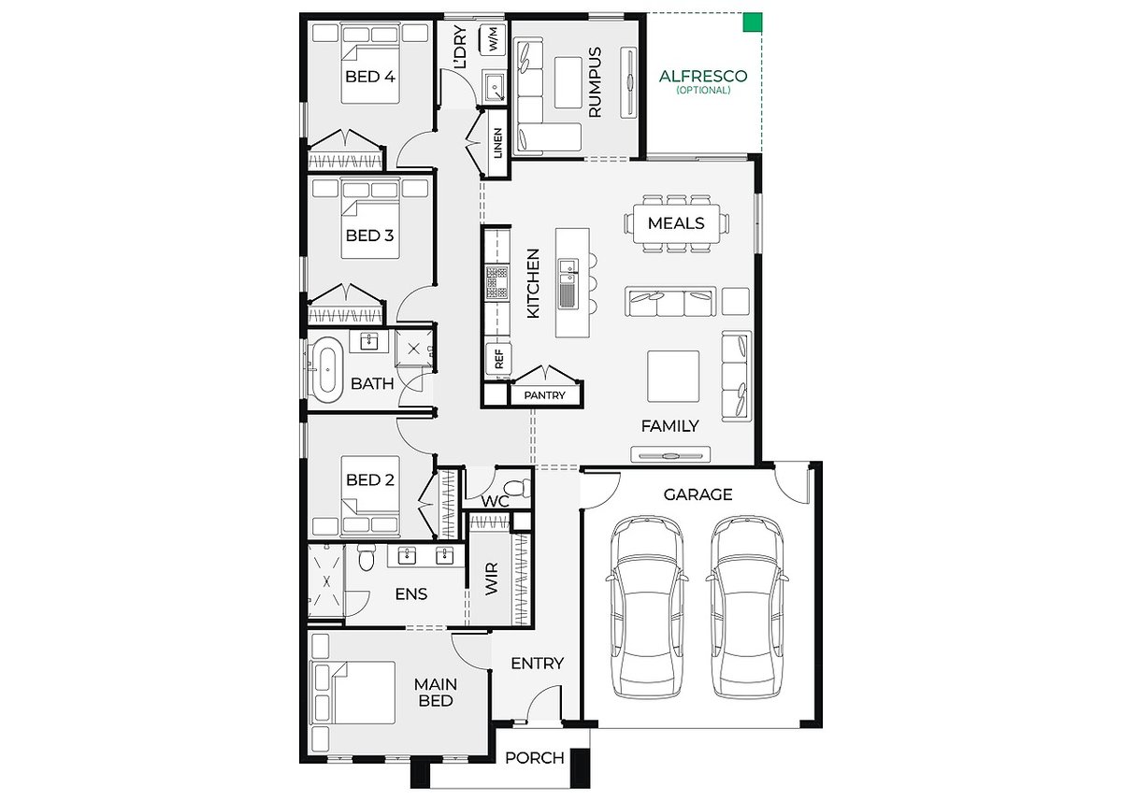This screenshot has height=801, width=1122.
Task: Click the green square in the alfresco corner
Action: (753, 22)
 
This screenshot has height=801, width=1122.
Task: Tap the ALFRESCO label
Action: (703, 76)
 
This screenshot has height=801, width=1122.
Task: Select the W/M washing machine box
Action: (493, 39)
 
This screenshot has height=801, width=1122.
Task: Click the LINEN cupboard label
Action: (497, 143)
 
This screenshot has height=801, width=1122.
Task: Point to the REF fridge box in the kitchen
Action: (499, 359)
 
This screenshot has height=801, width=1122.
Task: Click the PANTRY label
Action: (544, 395)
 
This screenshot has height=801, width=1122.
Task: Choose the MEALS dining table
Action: (676, 223)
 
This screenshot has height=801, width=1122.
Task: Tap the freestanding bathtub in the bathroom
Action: (327, 369)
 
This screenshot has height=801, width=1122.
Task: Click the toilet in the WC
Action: (515, 488)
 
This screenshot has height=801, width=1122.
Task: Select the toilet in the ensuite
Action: (367, 558)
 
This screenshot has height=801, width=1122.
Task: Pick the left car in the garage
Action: (647, 608)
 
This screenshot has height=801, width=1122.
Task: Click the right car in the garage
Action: (747, 608)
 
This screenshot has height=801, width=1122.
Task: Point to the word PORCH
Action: (535, 758)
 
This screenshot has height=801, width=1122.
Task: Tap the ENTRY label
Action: (537, 664)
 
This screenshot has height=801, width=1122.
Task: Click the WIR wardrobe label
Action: (492, 579)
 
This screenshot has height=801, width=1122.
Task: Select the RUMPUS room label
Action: (595, 82)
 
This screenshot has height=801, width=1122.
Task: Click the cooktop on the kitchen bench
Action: (497, 282)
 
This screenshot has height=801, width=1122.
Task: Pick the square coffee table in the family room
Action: (673, 376)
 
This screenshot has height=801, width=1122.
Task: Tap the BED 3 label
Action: (369, 236)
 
